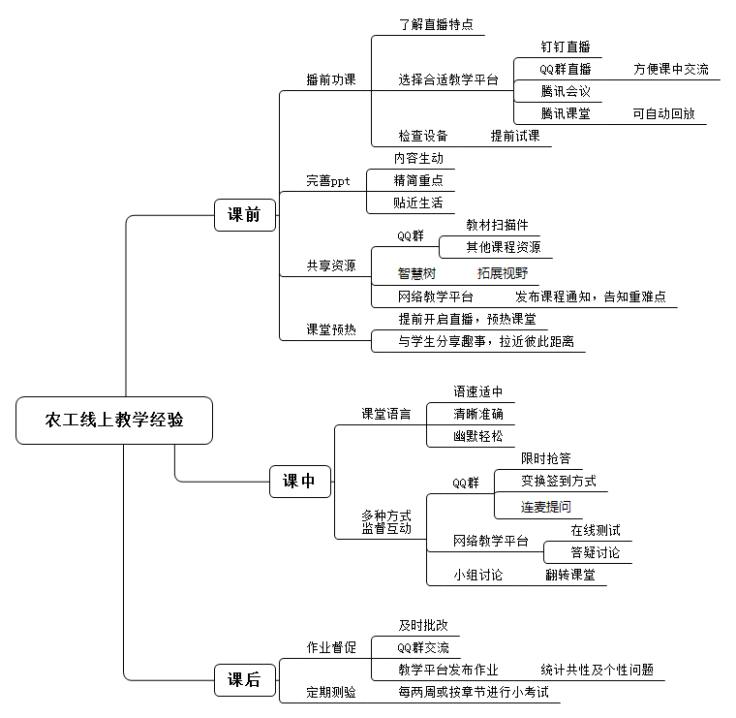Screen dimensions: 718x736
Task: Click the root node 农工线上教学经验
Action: point(114,421)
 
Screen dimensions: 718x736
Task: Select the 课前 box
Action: point(244,215)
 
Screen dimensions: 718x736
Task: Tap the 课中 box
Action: point(299,481)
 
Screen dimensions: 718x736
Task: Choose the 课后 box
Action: point(244,679)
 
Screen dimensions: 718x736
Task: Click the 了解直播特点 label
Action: point(436,24)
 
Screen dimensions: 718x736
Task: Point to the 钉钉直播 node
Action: point(565,47)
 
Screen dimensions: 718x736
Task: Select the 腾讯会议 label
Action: point(566,91)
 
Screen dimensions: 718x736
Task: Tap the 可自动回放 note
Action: point(663,113)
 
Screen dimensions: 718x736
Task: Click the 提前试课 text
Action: point(515,136)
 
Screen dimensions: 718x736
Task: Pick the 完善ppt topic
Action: point(328,180)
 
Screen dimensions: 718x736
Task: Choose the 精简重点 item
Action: point(418,180)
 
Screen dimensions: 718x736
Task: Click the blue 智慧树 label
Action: point(416,273)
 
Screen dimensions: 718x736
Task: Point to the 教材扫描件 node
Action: point(497,225)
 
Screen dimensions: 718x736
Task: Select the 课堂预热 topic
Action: point(331,329)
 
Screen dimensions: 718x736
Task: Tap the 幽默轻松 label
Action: point(478,436)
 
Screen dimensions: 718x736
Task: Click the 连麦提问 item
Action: point(546,506)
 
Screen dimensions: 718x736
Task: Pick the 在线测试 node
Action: point(595,530)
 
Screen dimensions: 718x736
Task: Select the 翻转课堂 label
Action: point(569,575)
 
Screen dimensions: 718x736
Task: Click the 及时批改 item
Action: point(423,625)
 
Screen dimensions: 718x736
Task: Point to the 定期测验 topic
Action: point(331,692)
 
